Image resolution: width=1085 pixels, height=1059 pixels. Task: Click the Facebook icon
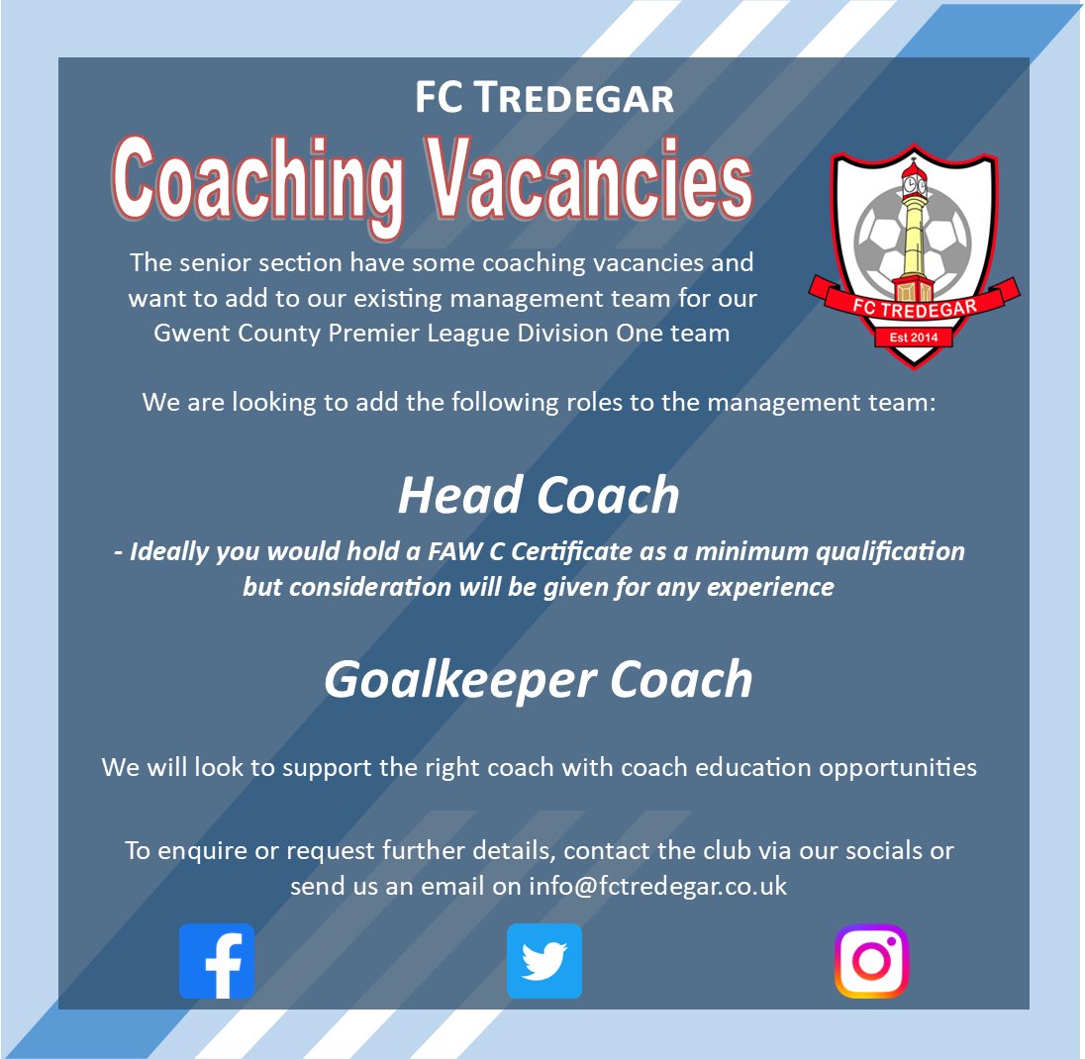tap(217, 961)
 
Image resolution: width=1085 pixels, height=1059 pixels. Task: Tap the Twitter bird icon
tap(543, 961)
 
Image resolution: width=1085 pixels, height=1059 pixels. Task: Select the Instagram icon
tap(871, 961)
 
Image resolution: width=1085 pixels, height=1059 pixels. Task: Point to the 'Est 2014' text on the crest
tap(914, 338)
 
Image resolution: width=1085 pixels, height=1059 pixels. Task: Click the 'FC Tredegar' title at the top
tap(543, 98)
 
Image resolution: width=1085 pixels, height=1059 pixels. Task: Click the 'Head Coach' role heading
tap(539, 495)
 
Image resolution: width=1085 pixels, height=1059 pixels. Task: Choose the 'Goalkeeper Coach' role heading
tap(539, 679)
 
